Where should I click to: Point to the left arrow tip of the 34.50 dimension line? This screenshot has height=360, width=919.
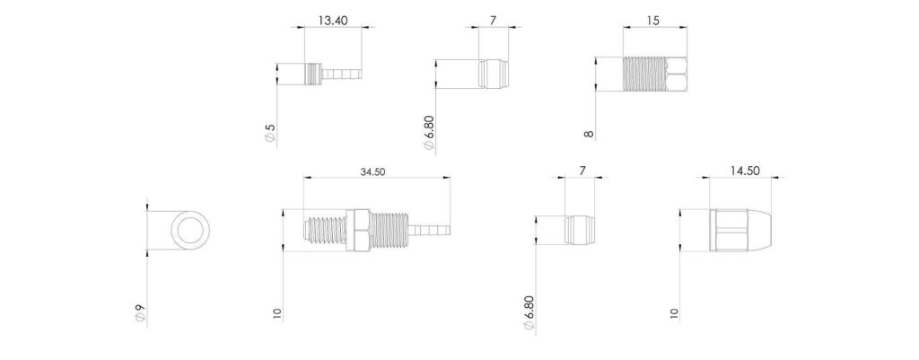[304, 176]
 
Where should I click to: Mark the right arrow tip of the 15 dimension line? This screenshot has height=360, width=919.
[687, 26]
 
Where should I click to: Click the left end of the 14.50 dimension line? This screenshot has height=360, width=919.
[711, 176]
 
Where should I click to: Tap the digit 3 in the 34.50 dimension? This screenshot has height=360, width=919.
[363, 171]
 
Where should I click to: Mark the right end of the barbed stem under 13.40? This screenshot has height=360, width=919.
[361, 74]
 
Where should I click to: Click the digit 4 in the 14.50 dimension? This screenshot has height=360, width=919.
[739, 171]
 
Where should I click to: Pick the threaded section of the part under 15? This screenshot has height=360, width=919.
[644, 74]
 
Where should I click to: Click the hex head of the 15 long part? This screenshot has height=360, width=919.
[677, 74]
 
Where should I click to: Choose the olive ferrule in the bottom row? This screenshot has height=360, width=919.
[579, 230]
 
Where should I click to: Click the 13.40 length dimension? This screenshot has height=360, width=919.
[333, 21]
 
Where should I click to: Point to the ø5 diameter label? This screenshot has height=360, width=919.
[270, 132]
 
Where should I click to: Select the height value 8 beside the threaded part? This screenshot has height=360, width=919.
[590, 134]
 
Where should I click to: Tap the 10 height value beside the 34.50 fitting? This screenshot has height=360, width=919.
[278, 314]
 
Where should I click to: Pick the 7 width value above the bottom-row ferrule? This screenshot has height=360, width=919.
[582, 171]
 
